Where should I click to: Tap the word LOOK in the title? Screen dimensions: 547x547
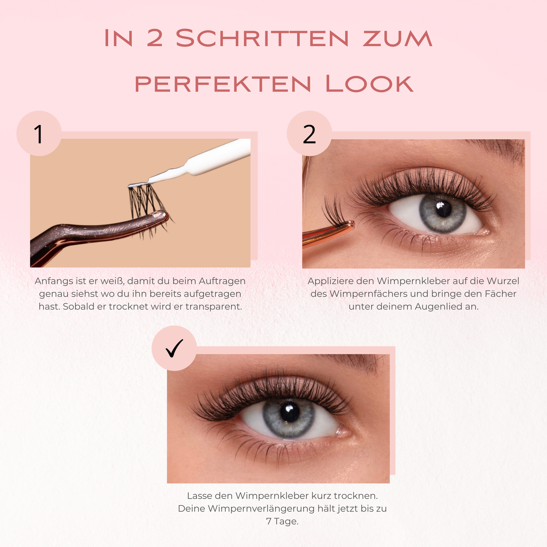coord(369,84)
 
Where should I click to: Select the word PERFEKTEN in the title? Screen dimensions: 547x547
coord(223,84)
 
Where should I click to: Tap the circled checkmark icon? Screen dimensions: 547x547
coord(174,348)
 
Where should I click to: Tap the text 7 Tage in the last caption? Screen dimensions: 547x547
coord(282,521)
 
